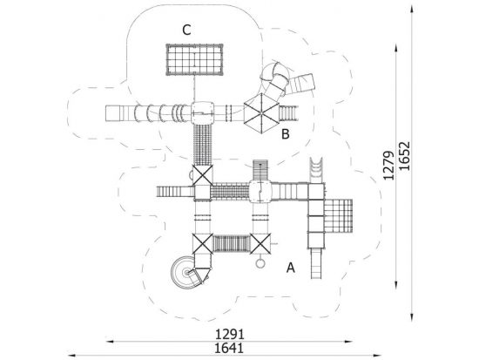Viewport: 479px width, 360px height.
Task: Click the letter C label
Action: click(x=186, y=31)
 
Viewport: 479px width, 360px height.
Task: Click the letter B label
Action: click(x=286, y=134)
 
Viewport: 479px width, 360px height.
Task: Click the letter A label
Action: click(x=291, y=268)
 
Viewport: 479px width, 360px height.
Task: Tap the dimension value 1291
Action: click(x=230, y=335)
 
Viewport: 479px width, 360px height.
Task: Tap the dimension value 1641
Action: click(x=229, y=349)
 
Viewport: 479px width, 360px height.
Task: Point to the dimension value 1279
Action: click(x=389, y=166)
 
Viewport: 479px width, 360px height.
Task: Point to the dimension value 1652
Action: click(x=404, y=156)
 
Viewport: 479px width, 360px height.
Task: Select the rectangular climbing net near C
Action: click(x=194, y=59)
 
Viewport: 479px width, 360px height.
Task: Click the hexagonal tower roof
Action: click(x=261, y=113)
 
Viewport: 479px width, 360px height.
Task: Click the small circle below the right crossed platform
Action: click(x=260, y=263)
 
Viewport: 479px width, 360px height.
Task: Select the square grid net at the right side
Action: click(x=338, y=216)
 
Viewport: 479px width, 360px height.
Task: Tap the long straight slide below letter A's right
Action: click(x=316, y=263)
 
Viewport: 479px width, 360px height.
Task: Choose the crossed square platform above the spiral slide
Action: click(x=203, y=244)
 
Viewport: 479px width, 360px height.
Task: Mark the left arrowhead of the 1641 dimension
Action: click(x=71, y=356)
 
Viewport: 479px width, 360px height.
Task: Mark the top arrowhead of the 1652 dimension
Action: click(x=412, y=9)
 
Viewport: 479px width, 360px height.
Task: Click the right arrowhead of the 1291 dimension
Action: click(x=349, y=342)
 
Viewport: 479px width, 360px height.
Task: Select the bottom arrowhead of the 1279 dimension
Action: click(x=396, y=285)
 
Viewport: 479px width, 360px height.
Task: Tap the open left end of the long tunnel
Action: click(x=106, y=113)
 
